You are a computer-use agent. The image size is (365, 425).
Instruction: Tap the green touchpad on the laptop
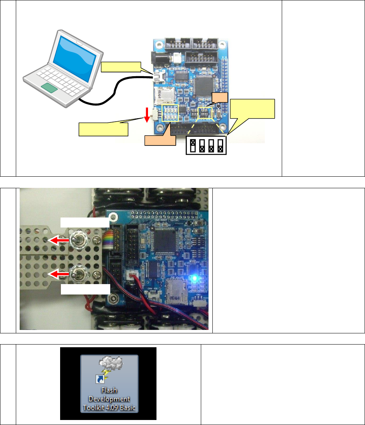tap(50, 88)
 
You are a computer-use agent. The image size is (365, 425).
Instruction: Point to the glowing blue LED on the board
tap(196, 278)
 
